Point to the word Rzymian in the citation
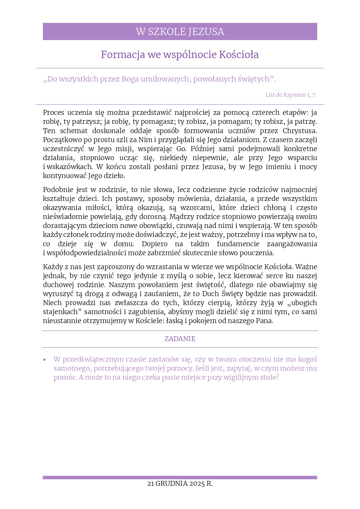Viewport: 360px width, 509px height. (294, 95)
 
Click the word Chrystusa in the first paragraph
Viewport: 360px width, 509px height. (300, 131)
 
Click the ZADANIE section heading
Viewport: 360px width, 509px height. (180, 339)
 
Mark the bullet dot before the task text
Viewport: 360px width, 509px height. (45, 360)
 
